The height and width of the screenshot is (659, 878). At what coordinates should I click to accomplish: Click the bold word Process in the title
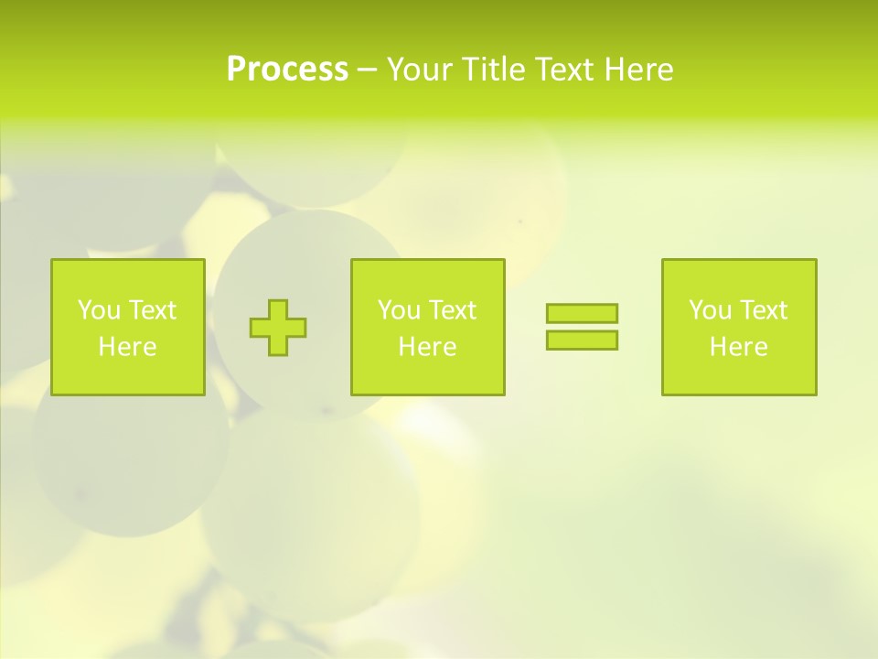287,70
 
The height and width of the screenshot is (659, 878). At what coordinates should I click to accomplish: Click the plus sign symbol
278,328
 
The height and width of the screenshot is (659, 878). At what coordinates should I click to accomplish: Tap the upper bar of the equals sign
582,313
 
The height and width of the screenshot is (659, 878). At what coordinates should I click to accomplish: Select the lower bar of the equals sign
582,340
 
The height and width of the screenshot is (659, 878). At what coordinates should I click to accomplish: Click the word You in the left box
99,310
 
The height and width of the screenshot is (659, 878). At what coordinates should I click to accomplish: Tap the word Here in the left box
127,347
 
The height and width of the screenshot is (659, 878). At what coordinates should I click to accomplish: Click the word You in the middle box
399,310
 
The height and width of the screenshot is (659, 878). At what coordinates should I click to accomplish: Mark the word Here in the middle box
427,347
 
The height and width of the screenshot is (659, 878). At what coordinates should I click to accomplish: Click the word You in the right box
710,310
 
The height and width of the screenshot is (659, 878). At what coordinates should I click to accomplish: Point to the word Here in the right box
738,347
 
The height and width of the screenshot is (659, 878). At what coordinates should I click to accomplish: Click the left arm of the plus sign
260,328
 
